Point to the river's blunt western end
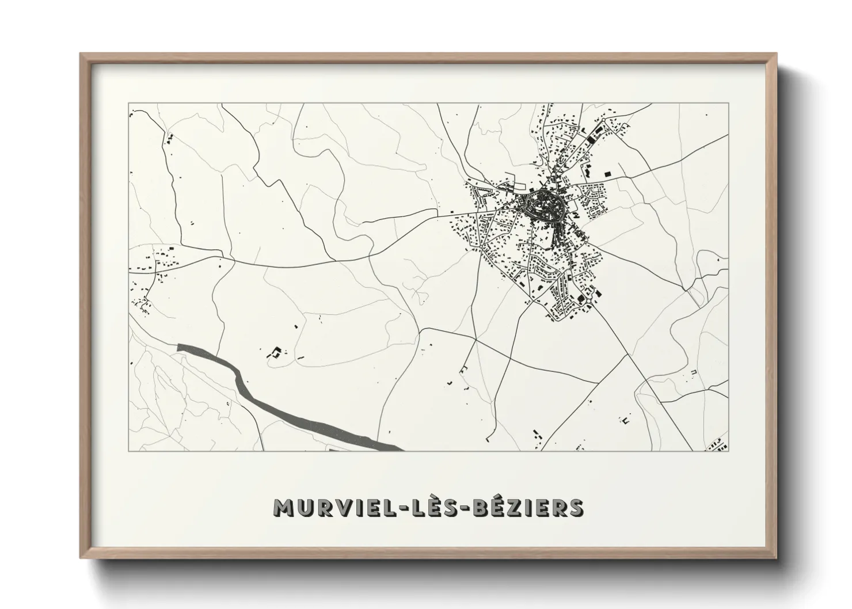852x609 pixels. pyautogui.click(x=180, y=347)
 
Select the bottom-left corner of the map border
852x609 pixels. pyautogui.click(x=128, y=451)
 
